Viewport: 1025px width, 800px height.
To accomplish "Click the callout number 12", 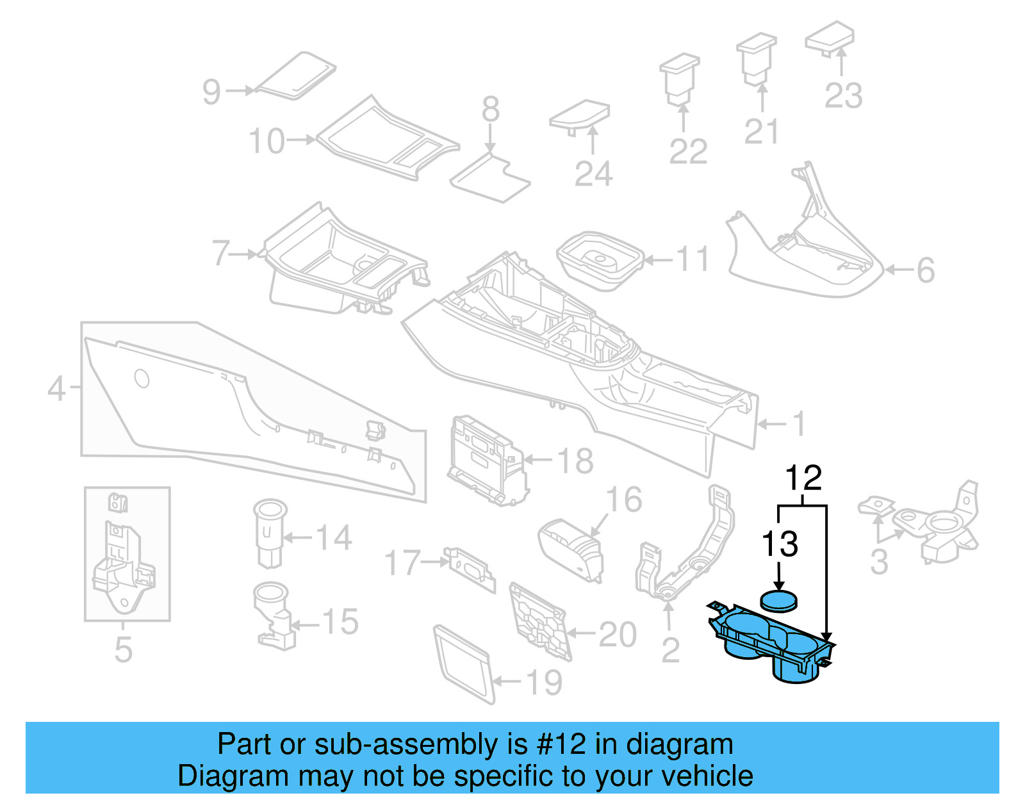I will (x=803, y=478).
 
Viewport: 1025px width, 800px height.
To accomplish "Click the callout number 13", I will (x=780, y=544).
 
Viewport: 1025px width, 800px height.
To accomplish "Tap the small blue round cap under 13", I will (x=779, y=600).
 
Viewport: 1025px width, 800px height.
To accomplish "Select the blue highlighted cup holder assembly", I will (x=769, y=644).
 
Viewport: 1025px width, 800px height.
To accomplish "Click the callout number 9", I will (x=211, y=92).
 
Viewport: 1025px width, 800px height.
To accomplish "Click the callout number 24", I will (x=593, y=174).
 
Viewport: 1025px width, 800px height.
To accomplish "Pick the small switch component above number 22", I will (x=680, y=78).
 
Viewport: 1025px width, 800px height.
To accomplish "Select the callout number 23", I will (x=843, y=96).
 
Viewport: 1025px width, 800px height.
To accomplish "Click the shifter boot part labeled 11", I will (x=599, y=259).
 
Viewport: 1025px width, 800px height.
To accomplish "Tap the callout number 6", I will (x=926, y=270).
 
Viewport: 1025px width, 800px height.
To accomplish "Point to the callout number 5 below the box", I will (x=123, y=649).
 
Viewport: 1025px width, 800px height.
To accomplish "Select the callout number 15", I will (x=340, y=622).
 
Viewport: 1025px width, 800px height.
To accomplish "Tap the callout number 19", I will (x=545, y=683).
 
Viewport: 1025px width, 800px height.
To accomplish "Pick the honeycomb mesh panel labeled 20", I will (x=539, y=621).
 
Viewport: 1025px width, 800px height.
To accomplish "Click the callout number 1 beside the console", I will (x=798, y=424).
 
